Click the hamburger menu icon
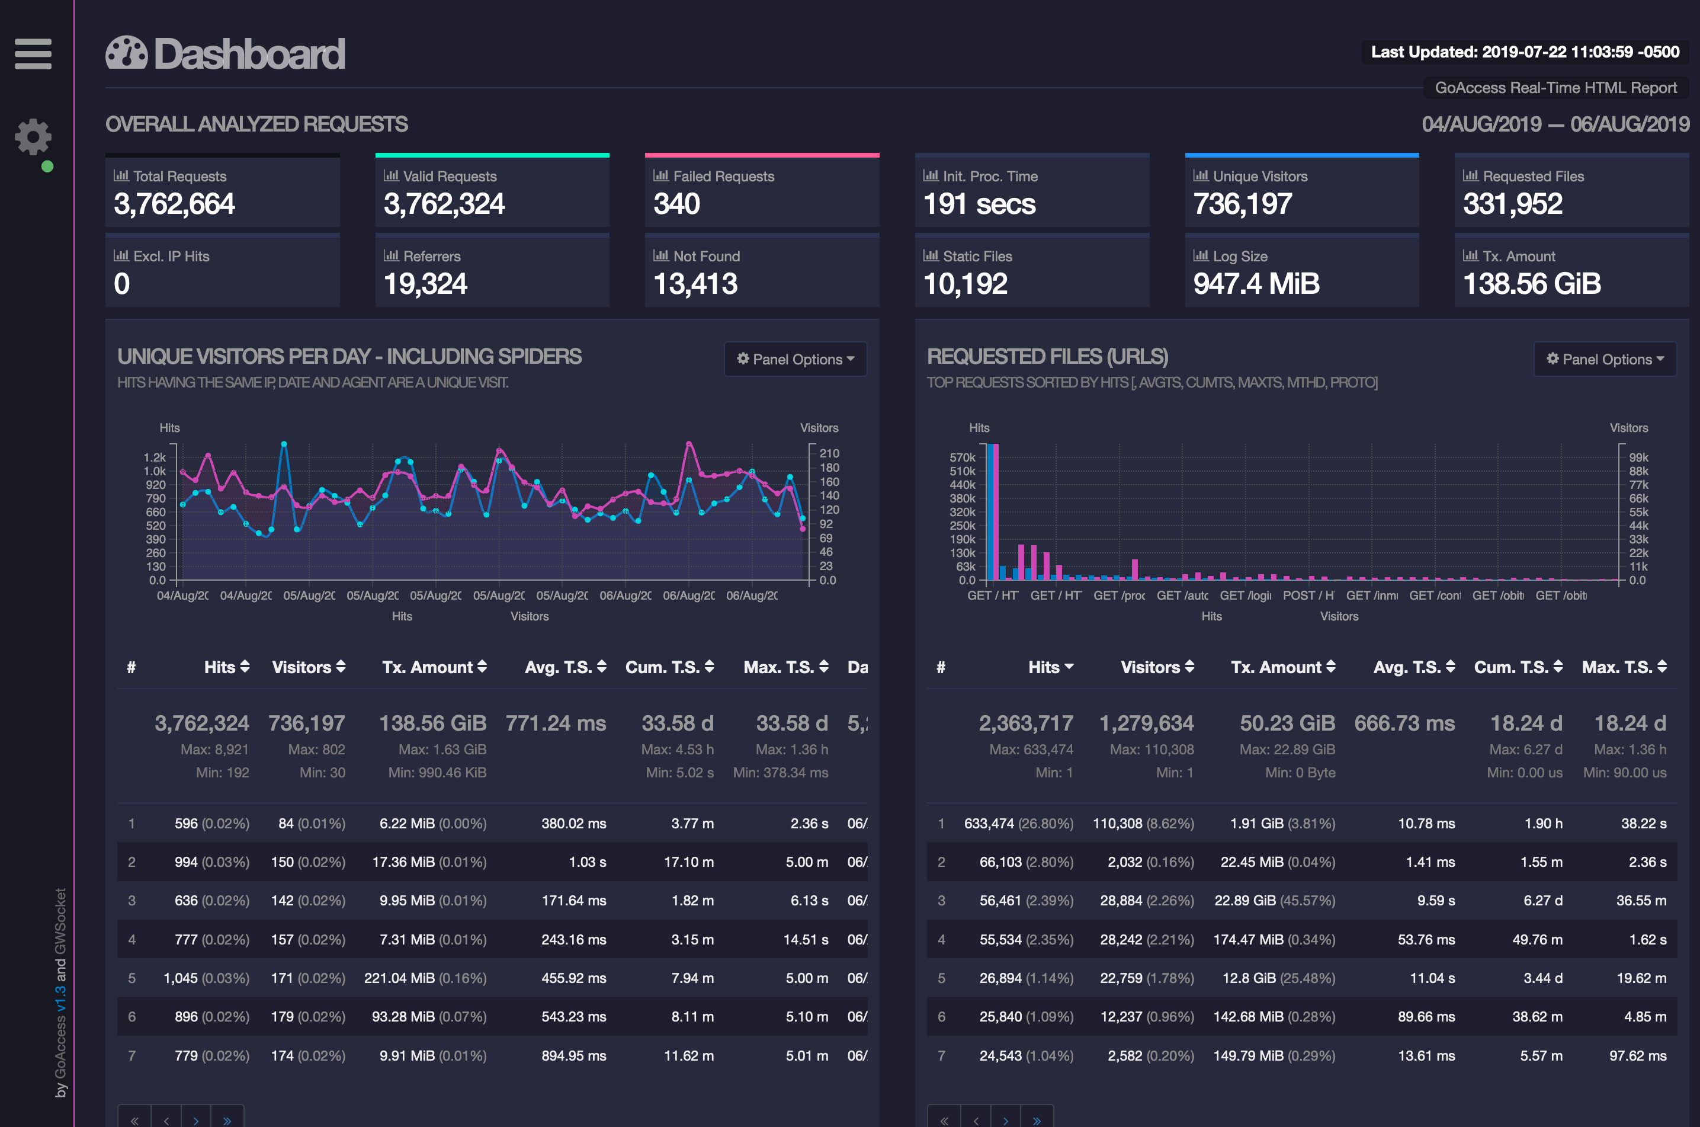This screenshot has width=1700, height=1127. coord(33,54)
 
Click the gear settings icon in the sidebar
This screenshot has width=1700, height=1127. coord(33,136)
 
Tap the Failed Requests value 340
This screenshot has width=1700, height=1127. coord(676,204)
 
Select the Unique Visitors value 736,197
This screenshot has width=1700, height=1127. coord(1242,204)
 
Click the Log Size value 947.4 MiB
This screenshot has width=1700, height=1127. coord(1256,284)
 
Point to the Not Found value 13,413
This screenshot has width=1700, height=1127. coord(695,284)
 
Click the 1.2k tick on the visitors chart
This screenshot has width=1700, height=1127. coord(155,457)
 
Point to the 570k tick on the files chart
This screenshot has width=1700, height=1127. coord(962,457)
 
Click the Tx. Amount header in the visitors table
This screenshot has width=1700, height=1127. coord(434,667)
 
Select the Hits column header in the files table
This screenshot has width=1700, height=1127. coord(1050,667)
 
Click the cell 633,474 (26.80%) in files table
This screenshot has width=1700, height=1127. coord(1018,823)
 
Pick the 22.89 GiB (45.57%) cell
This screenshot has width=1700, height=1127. coord(1274,901)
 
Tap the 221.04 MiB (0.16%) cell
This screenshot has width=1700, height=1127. coord(425,978)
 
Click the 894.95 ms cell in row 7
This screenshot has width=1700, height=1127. coord(573,1056)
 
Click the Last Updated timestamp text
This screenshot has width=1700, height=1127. coord(1525,52)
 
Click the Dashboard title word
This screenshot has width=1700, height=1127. coord(249,54)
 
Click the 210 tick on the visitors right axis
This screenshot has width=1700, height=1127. coord(829,453)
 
